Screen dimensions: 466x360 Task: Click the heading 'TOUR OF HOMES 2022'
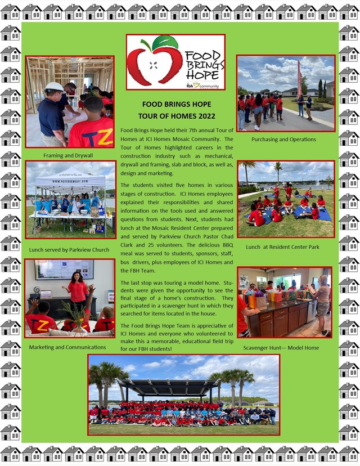click(177, 116)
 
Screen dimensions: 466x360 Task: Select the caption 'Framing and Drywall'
click(68, 155)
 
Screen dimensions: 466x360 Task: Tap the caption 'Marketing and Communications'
click(68, 347)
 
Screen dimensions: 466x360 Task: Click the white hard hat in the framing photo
click(54, 87)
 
